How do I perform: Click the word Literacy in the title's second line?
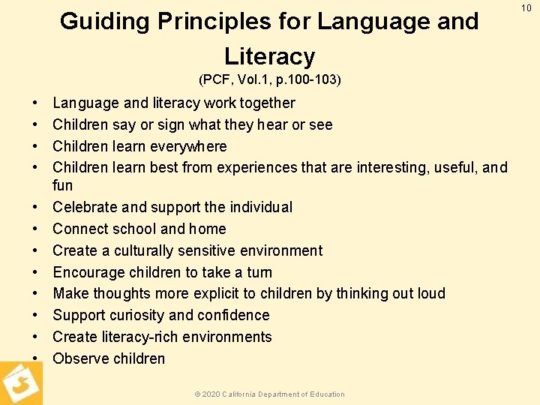[x=269, y=56]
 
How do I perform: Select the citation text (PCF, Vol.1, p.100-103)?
[x=269, y=79]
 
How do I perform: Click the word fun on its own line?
[x=63, y=185]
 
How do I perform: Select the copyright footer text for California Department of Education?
[x=269, y=394]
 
